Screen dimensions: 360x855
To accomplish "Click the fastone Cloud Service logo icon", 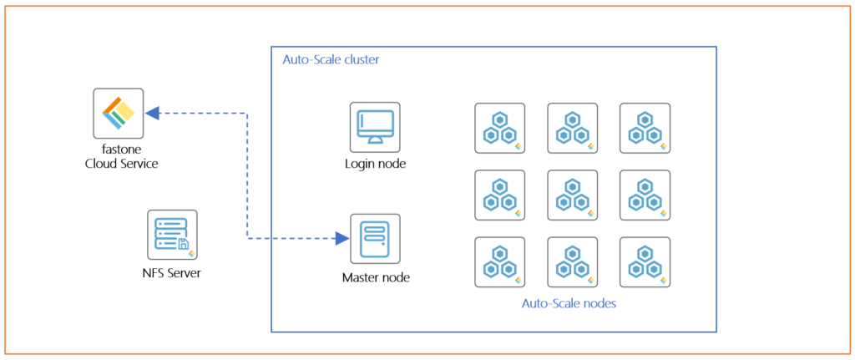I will coord(118,114).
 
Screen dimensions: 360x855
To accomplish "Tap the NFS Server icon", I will coord(172,235).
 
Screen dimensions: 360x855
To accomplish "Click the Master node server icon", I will coord(375,239).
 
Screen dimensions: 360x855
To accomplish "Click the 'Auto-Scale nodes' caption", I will coord(569,304).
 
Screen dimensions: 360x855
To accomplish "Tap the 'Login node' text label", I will coord(375,164).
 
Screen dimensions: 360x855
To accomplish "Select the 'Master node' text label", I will coord(376,276).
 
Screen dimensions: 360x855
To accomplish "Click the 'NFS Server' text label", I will coord(171,273).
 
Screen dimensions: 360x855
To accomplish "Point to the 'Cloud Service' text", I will coord(122,164).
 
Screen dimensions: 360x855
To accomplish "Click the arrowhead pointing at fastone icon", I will coord(152,113).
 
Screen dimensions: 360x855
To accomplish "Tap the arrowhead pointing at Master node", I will coord(341,239).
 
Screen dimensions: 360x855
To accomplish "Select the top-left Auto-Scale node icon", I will coord(500,129).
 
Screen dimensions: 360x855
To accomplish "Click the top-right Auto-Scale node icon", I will coord(645,129).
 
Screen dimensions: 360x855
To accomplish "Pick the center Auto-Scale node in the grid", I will coord(572,195).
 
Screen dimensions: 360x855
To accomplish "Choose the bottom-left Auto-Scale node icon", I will coord(500,262).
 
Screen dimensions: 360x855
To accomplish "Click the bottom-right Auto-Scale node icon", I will coord(645,262).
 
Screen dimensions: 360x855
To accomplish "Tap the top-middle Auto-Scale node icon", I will coord(572,129).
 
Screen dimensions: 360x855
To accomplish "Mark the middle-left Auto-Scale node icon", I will coord(500,195).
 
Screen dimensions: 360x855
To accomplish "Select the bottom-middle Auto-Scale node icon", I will coord(572,262).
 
